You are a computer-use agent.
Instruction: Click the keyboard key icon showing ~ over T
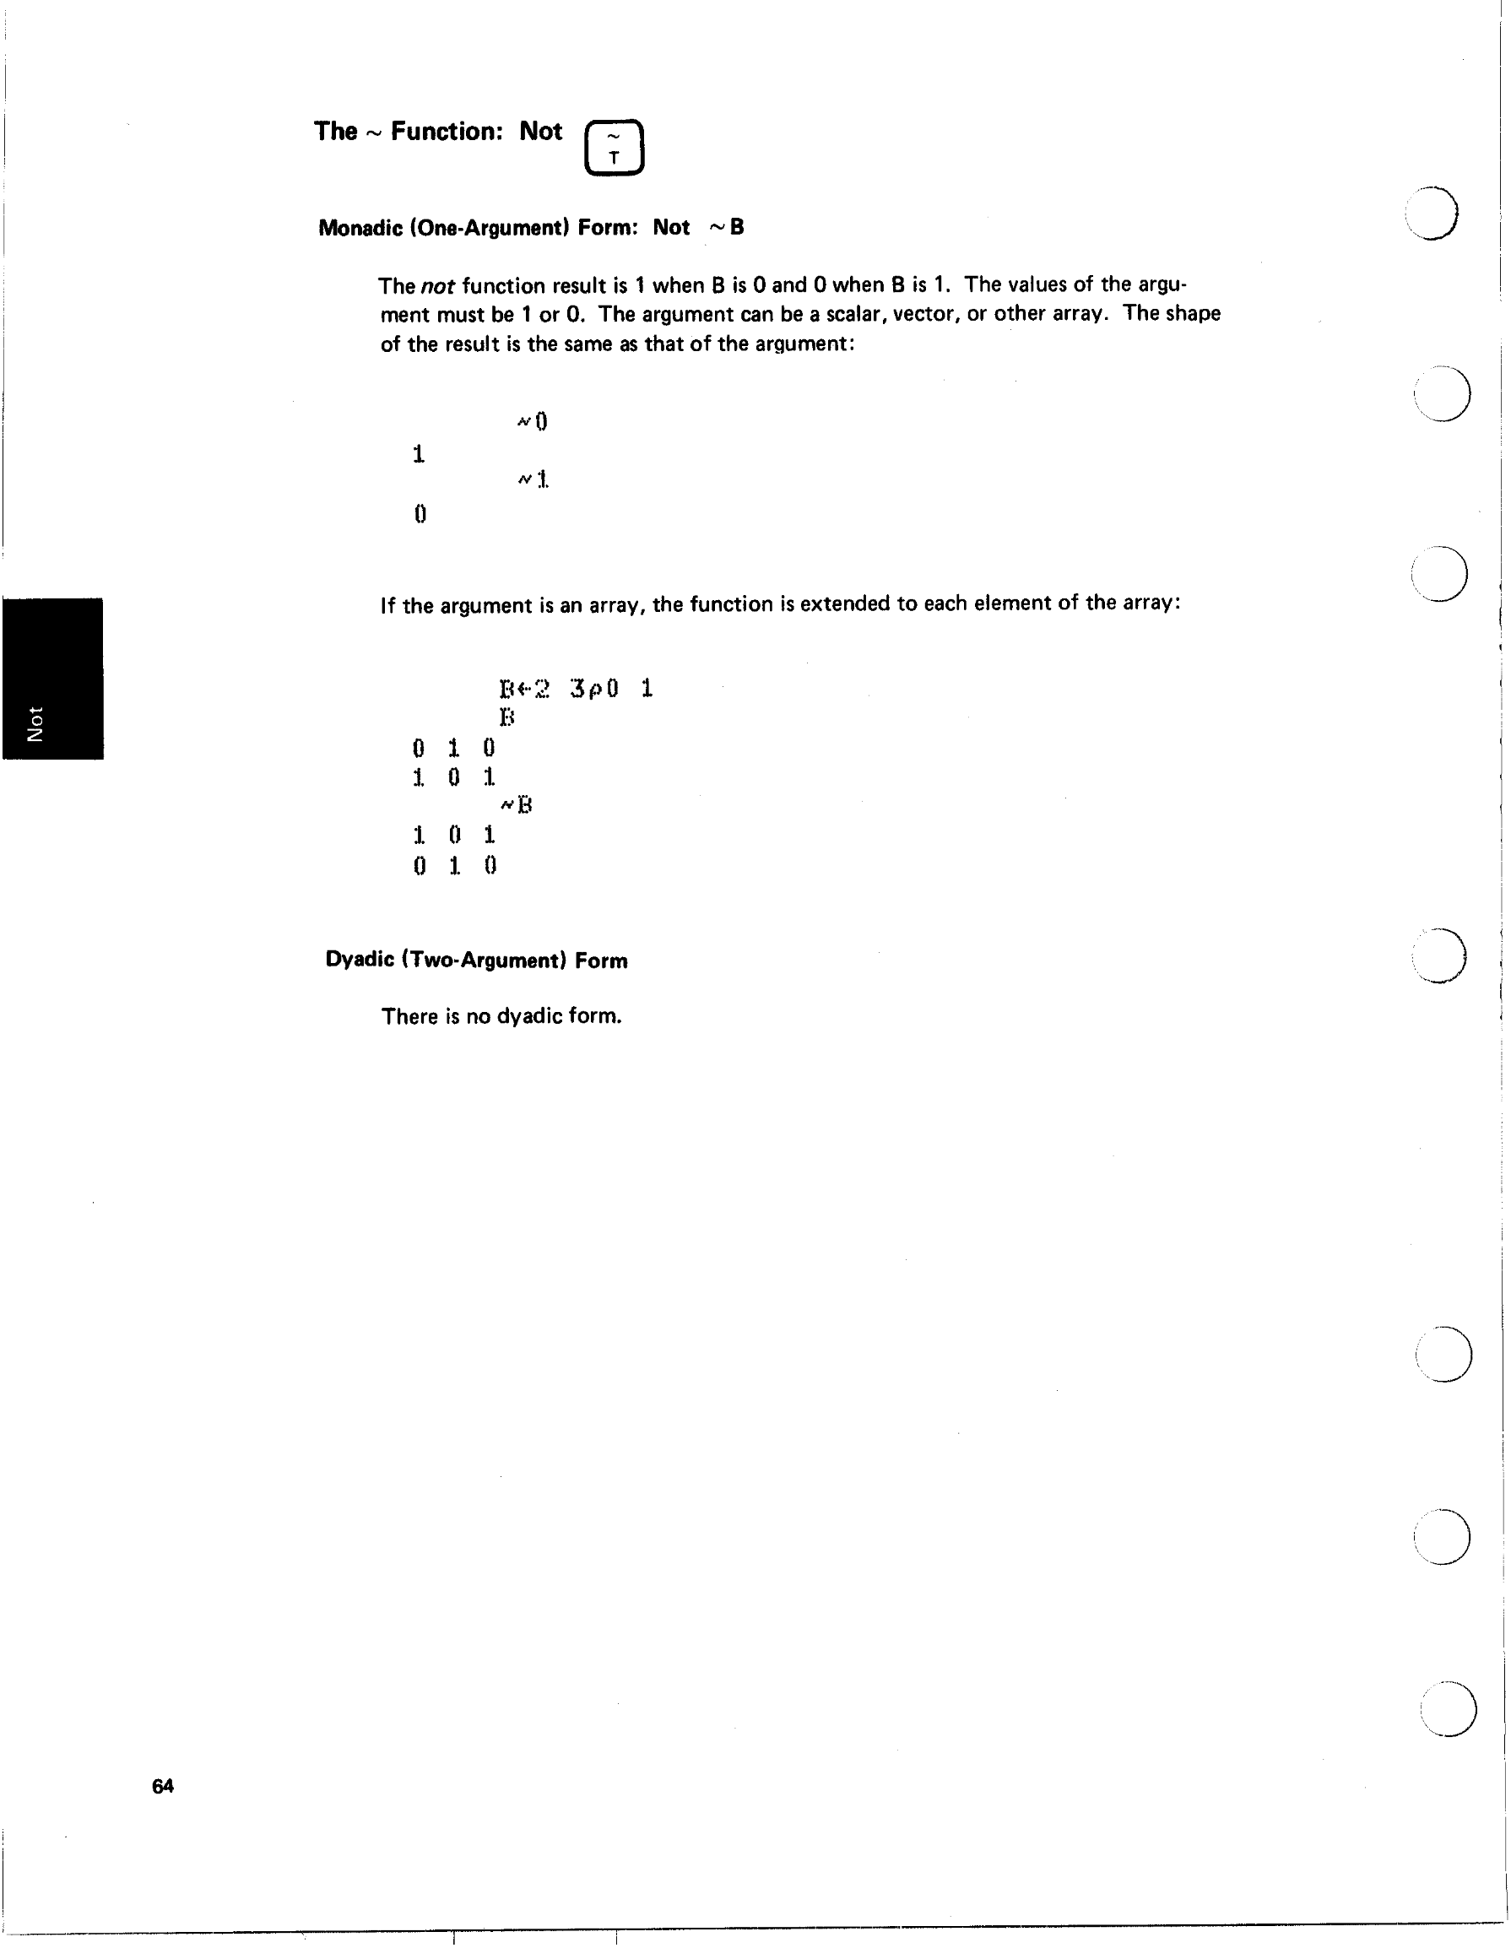pyautogui.click(x=614, y=147)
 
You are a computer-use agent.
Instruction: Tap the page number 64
pyautogui.click(x=162, y=1786)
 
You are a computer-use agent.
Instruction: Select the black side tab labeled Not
pyautogui.click(x=52, y=678)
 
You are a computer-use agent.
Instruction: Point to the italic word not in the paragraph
pyautogui.click(x=437, y=286)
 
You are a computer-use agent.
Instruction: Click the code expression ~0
pyautogui.click(x=533, y=421)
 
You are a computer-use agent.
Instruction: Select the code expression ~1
pyautogui.click(x=533, y=480)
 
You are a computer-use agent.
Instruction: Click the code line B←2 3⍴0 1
pyautogui.click(x=576, y=689)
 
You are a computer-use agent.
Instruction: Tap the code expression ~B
pyautogui.click(x=517, y=805)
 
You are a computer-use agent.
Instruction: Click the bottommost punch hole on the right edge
pyautogui.click(x=1448, y=1708)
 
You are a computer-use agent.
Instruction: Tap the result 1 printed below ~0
pyautogui.click(x=419, y=454)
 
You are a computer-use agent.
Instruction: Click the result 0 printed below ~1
pyautogui.click(x=420, y=514)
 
